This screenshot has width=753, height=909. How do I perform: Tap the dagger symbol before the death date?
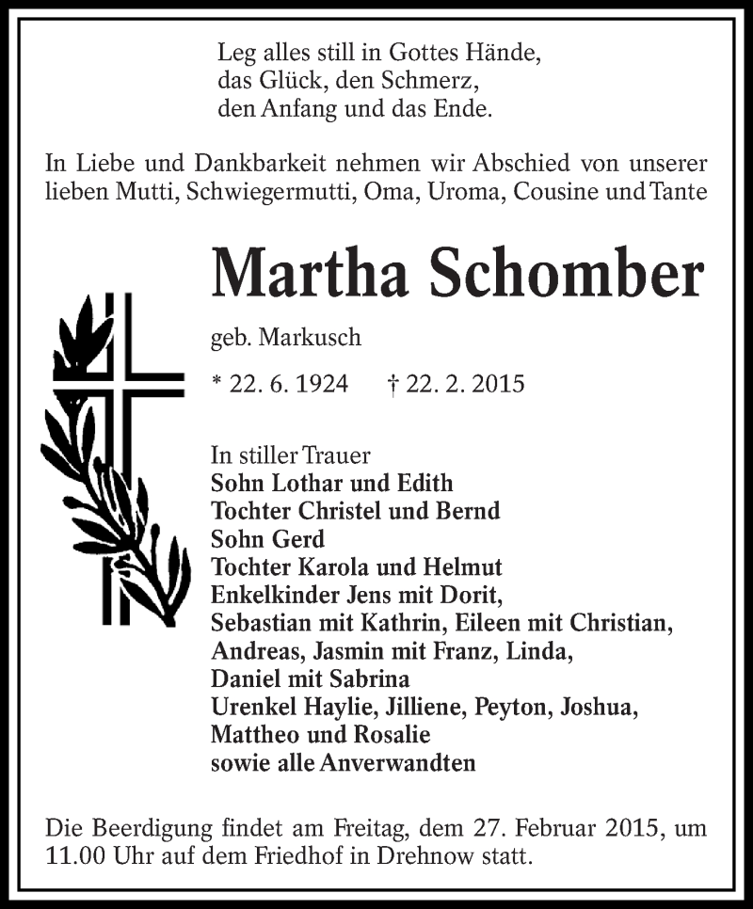coord(393,384)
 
